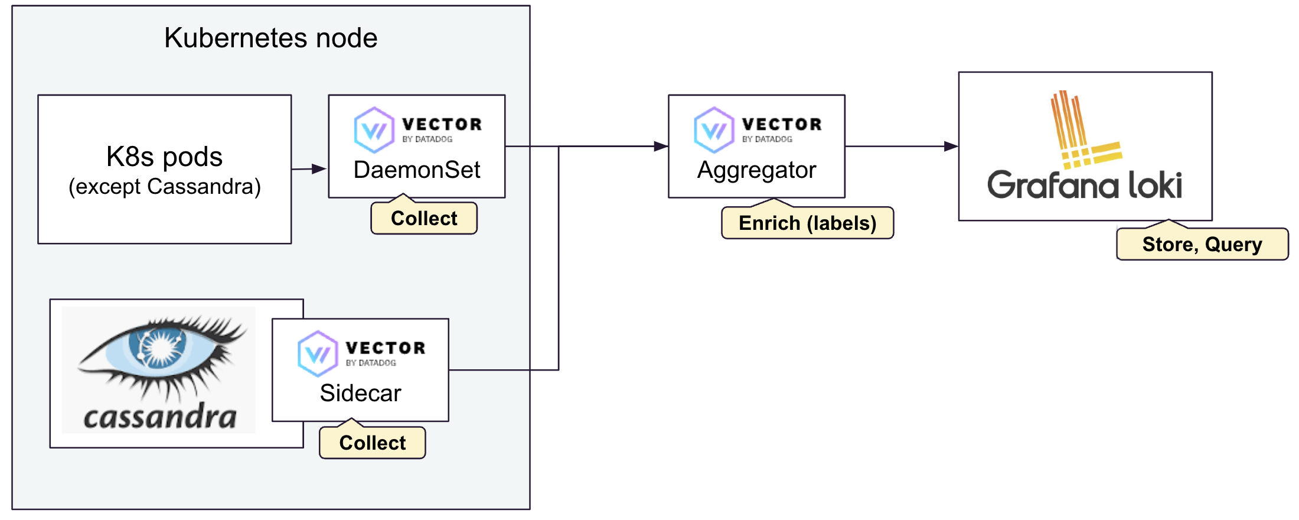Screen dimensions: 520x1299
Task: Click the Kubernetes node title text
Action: coord(270,38)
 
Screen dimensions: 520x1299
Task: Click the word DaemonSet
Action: coord(416,170)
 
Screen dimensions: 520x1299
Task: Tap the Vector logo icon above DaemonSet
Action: coord(374,129)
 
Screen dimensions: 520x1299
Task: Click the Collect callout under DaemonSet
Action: coord(423,219)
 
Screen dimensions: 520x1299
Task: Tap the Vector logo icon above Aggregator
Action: coord(714,129)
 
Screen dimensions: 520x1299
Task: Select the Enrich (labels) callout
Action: coord(807,223)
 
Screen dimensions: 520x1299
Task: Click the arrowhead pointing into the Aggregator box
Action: coord(661,146)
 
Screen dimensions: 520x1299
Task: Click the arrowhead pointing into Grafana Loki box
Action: coord(951,146)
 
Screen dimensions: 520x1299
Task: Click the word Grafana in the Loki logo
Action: coord(1053,185)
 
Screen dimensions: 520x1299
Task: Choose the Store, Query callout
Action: coord(1202,245)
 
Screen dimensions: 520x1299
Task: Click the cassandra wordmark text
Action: coord(159,417)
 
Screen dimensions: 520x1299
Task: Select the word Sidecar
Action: coord(360,394)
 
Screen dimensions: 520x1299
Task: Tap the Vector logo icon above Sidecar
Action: coord(318,353)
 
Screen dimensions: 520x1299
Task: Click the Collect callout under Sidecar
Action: coord(372,443)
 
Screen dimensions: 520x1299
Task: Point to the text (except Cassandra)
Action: coord(164,187)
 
